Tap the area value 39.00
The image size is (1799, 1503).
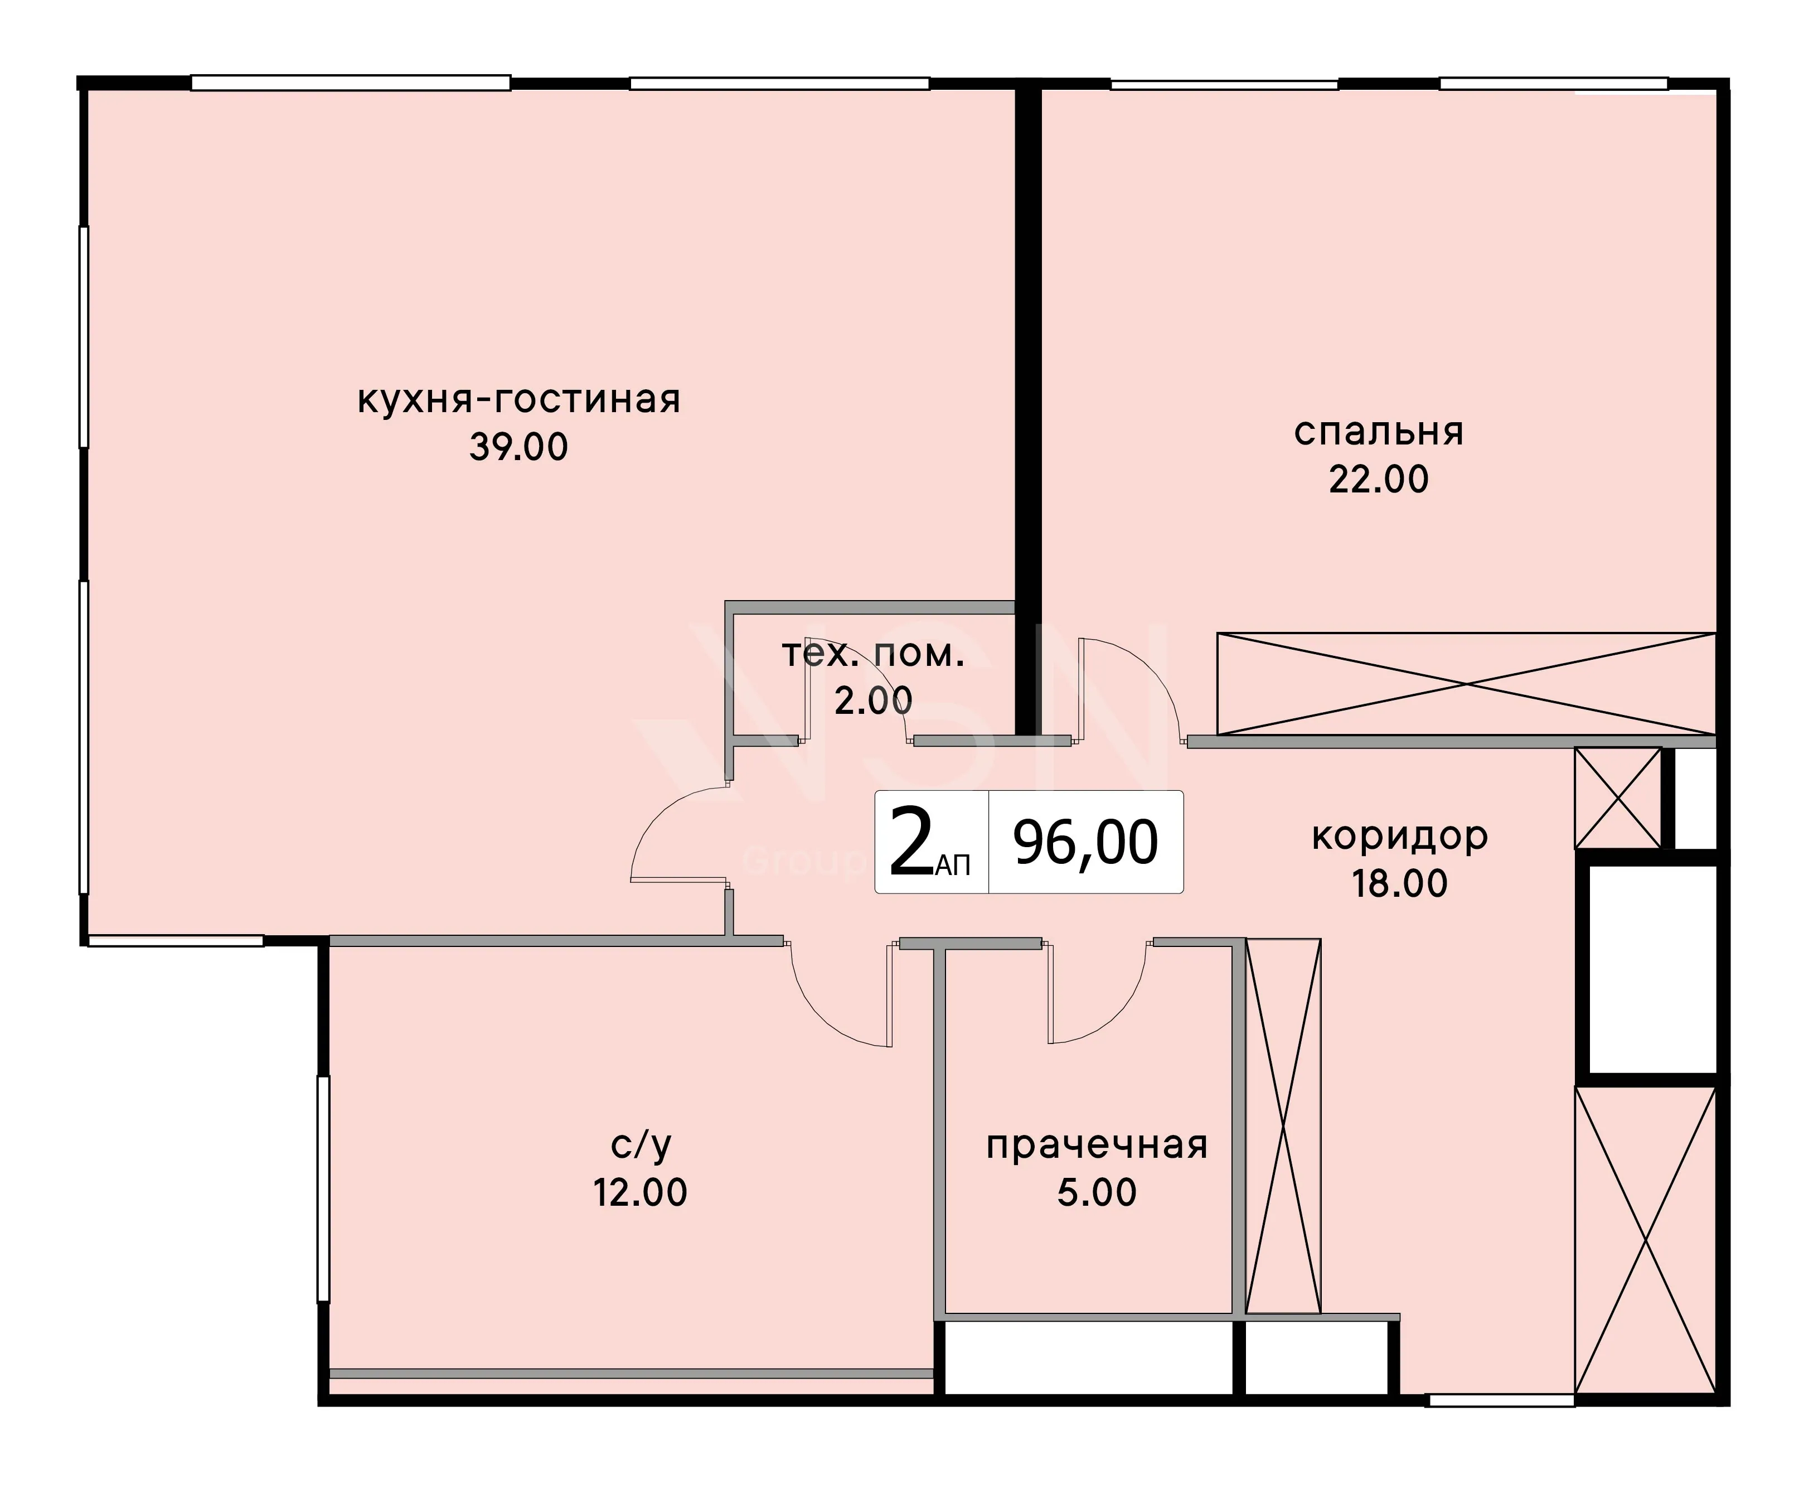(519, 447)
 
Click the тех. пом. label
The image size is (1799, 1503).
(874, 654)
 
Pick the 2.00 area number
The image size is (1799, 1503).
(874, 701)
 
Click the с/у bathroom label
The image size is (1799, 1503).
(641, 1145)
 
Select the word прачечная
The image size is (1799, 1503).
(1097, 1146)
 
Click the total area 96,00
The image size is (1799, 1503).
(1086, 842)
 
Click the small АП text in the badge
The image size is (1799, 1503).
(953, 866)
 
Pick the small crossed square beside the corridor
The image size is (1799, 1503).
(1617, 799)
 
